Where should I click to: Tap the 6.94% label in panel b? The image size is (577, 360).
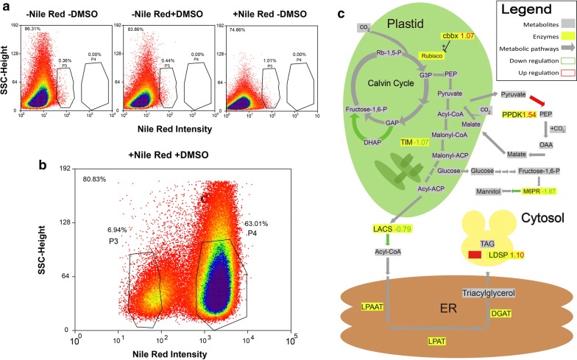[118, 230]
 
